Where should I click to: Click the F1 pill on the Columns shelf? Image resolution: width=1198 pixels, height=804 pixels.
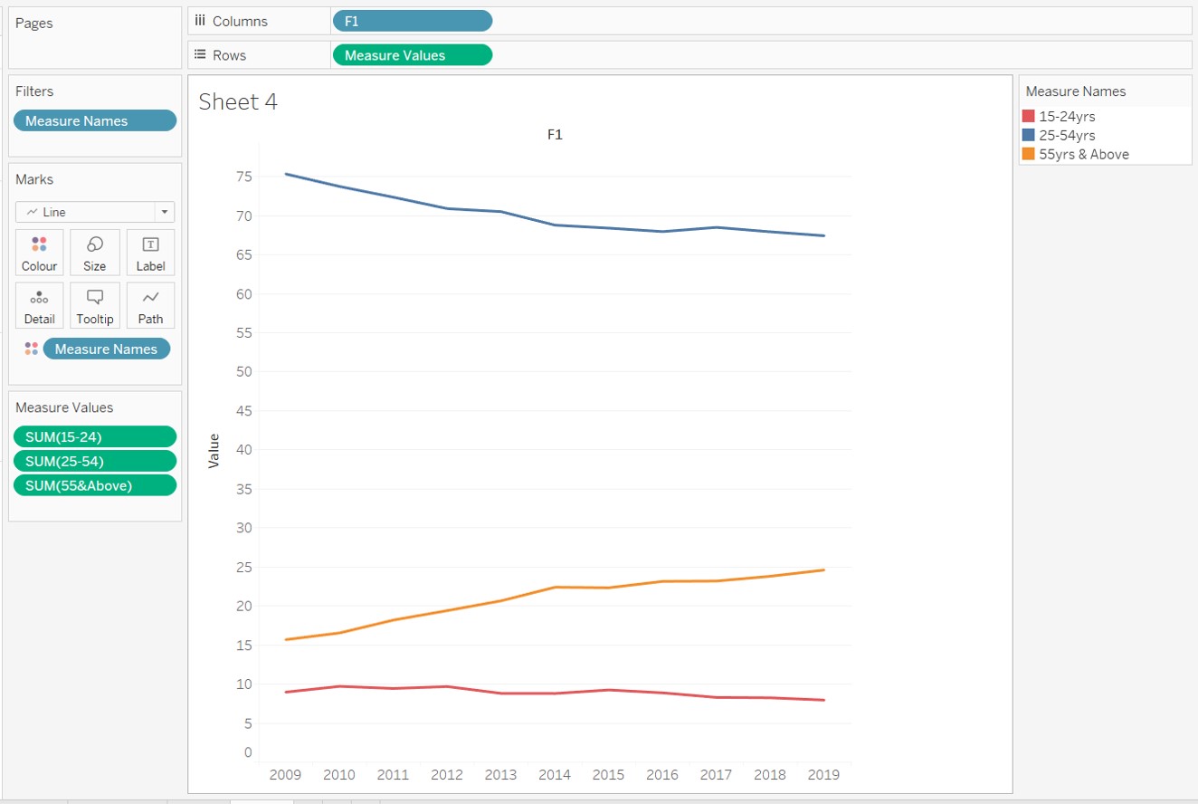(x=412, y=21)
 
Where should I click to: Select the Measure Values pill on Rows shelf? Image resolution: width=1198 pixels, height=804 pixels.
(x=412, y=55)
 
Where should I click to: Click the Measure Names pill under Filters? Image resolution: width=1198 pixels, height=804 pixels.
(x=95, y=120)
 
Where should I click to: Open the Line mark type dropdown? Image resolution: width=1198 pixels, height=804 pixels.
(x=164, y=212)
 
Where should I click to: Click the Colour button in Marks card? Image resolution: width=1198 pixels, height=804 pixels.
(x=39, y=253)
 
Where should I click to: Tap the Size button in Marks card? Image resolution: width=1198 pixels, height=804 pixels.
(x=94, y=253)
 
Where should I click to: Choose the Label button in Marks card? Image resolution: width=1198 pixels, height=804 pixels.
(x=150, y=253)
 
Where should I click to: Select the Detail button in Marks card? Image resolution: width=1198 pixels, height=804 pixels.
(x=39, y=306)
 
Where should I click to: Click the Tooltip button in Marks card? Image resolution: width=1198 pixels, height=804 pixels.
(x=94, y=306)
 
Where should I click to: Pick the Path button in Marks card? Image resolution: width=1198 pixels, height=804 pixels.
(x=150, y=306)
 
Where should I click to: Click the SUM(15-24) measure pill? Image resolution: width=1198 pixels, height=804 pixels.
(x=95, y=436)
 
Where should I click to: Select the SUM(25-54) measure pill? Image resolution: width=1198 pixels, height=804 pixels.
(x=95, y=461)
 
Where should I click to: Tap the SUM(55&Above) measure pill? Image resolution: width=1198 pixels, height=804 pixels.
(x=95, y=485)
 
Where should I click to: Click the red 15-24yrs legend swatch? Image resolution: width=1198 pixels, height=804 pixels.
(x=1028, y=116)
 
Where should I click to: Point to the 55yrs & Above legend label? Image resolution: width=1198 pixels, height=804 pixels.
(x=1084, y=154)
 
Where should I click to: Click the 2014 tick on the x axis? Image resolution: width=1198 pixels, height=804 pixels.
(x=554, y=774)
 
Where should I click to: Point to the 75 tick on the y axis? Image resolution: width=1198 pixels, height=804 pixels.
(x=243, y=177)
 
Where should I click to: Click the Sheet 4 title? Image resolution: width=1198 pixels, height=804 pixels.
(x=238, y=101)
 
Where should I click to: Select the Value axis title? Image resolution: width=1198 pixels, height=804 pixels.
(x=214, y=450)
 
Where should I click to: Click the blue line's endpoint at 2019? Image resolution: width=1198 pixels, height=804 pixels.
(x=823, y=235)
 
